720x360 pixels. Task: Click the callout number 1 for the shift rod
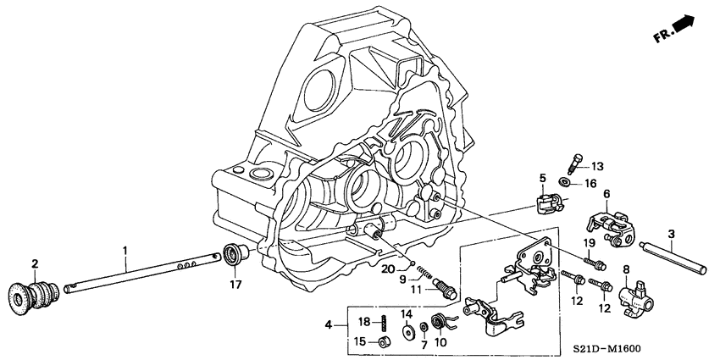125,250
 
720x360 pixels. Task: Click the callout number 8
628,270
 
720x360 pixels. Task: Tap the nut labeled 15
384,341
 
